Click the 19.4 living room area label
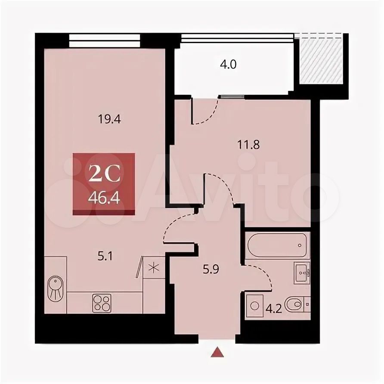(109, 120)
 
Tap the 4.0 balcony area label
(228, 65)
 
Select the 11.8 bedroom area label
(248, 145)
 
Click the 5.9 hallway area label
(211, 269)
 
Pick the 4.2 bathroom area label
(274, 310)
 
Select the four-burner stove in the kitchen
(102, 303)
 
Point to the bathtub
(277, 245)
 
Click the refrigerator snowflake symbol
(154, 267)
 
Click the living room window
(105, 40)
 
